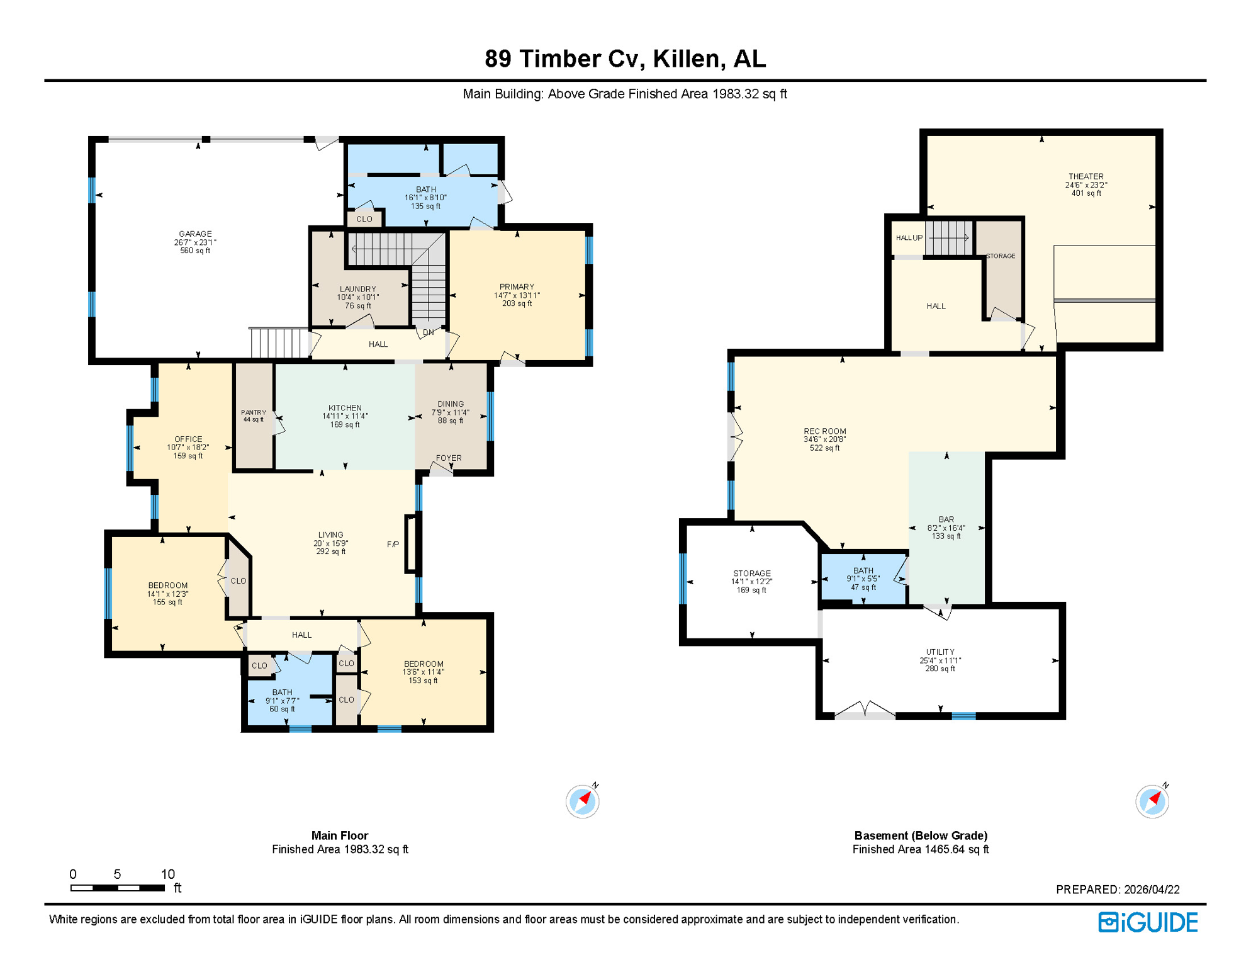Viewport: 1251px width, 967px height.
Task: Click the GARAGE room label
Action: [195, 234]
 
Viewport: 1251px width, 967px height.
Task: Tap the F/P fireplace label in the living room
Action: [393, 545]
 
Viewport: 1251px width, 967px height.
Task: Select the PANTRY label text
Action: [254, 412]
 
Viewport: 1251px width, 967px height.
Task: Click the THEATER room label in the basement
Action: [1086, 176]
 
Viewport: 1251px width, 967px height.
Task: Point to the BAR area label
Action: [946, 519]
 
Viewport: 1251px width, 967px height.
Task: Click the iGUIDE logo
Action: [1148, 922]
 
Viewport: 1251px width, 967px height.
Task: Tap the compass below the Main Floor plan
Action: [582, 801]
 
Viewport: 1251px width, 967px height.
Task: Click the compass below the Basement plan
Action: [1152, 801]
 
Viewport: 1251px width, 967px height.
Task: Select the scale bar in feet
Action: [118, 888]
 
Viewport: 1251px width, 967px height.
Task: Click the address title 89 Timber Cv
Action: [625, 59]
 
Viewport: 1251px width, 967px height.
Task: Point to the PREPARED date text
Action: [1118, 890]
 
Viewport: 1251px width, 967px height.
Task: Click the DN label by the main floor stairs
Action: [428, 332]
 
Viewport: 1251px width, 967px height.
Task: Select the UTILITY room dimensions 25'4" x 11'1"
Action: [940, 660]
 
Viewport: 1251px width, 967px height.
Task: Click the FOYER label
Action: [449, 458]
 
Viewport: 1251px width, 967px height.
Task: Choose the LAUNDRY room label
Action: [357, 289]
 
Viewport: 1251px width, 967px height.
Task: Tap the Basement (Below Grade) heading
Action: [921, 835]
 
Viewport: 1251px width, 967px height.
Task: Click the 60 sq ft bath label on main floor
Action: [282, 709]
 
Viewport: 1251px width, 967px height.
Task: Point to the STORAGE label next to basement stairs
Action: [1001, 256]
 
